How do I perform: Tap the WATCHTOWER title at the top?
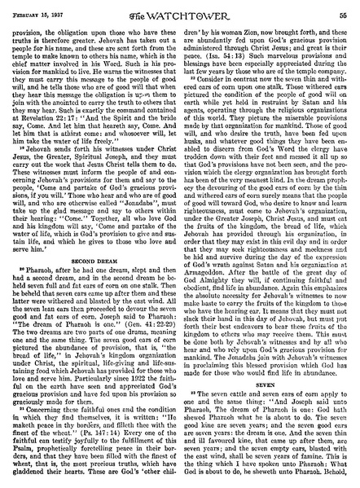coord(180,9)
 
